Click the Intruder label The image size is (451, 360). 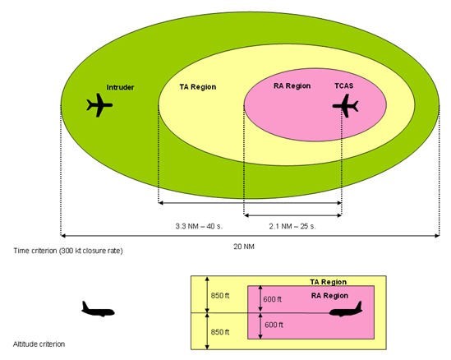tap(120, 87)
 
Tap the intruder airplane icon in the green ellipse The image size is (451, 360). tap(99, 105)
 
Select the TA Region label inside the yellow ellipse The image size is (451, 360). tap(198, 87)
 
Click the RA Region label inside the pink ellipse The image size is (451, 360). tap(292, 86)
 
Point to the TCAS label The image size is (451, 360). tap(343, 85)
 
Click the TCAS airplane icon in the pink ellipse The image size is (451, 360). tap(346, 106)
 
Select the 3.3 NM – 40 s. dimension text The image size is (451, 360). tap(199, 226)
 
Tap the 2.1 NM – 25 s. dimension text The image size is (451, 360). tap(292, 226)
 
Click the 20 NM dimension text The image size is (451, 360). tap(244, 247)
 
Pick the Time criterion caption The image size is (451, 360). tap(68, 251)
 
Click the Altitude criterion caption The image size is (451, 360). tap(39, 344)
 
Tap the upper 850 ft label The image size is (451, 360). tap(220, 296)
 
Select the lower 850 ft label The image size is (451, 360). tap(220, 332)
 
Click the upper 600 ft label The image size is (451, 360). tap(273, 299)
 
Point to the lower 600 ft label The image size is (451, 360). tap(274, 325)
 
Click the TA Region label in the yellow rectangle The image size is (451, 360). tap(328, 282)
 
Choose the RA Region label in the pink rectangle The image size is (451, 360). tap(329, 296)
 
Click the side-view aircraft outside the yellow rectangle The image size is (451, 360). tap(98, 309)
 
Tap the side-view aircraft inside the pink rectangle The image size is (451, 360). tap(346, 309)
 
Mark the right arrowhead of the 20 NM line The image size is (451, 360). tap(438, 236)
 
